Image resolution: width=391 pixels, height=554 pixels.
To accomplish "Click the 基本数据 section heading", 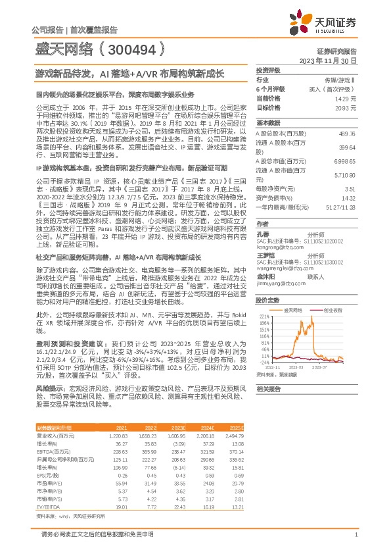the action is click(268, 123).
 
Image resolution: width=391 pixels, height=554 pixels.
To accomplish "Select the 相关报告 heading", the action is click(268, 389).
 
